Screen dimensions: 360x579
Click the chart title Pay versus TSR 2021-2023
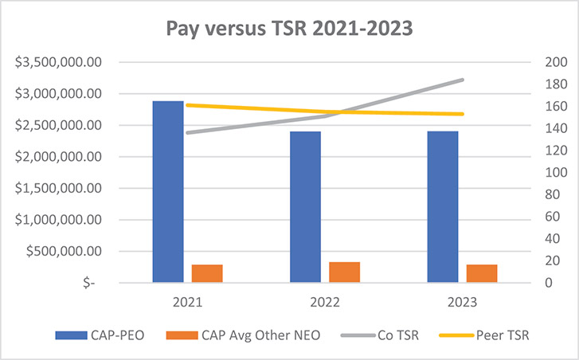pos(289,29)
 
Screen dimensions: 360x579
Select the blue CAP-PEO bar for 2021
pos(168,191)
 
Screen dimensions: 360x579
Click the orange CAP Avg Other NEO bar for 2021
pos(207,273)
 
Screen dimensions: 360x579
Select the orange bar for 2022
pos(344,272)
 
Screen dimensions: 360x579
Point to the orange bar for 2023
pos(482,273)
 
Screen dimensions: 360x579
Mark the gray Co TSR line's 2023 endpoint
pos(463,80)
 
